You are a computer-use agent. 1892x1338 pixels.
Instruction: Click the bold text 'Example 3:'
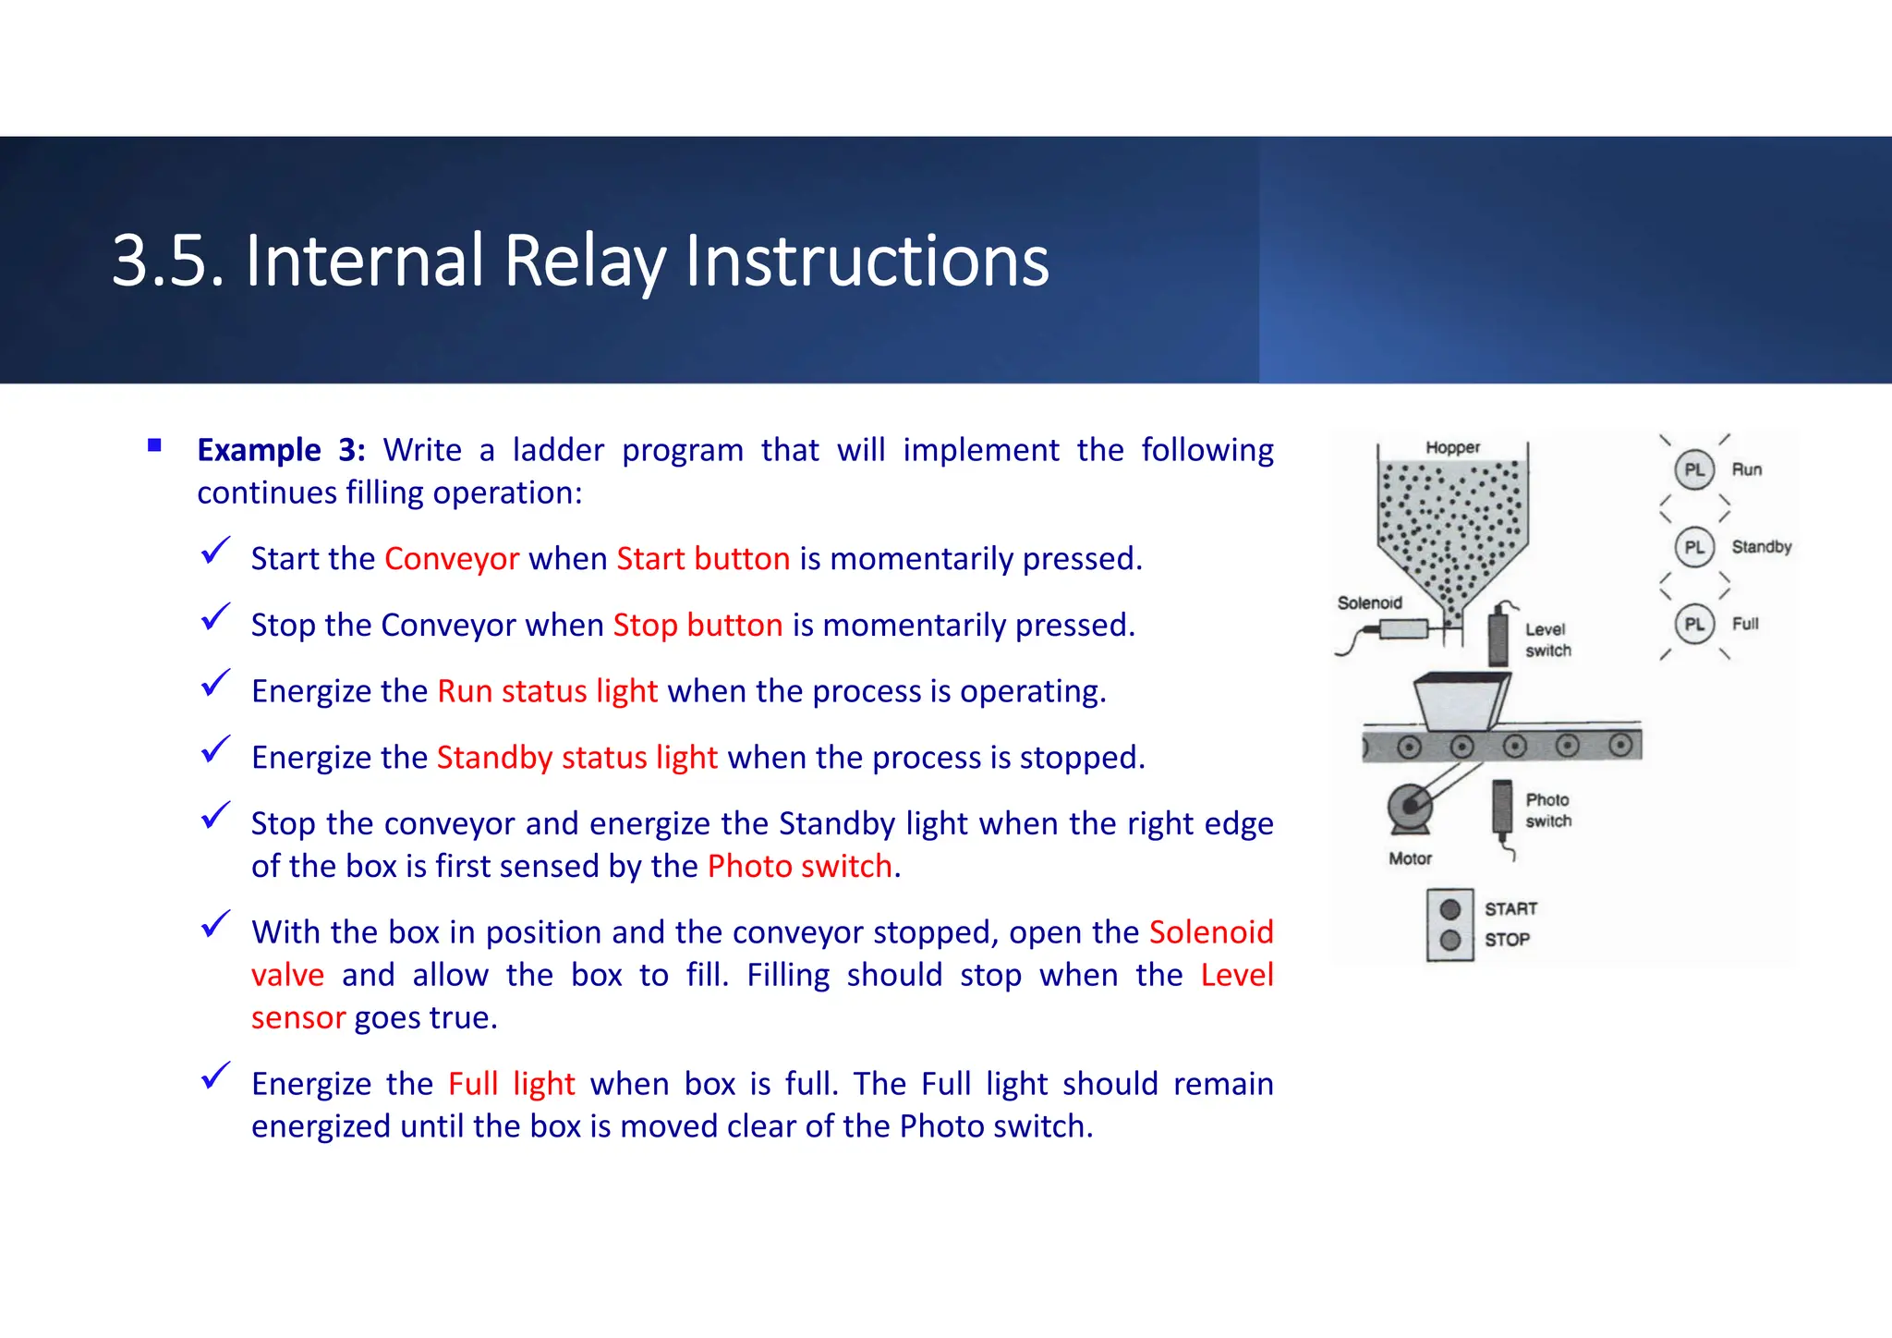click(x=281, y=450)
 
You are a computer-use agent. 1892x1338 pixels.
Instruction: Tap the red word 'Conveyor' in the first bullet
click(x=452, y=559)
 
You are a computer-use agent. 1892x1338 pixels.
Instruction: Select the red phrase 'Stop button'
click(x=697, y=626)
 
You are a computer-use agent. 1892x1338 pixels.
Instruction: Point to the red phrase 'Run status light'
click(x=547, y=691)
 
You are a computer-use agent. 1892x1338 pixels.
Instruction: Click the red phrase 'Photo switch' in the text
click(x=799, y=867)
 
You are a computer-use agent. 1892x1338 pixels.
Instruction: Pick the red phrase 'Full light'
click(x=511, y=1084)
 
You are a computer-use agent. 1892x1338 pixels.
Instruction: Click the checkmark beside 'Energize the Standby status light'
click(x=215, y=749)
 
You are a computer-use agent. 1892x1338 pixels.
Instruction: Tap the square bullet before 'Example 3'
click(x=154, y=446)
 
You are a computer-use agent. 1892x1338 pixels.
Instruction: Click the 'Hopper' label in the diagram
click(x=1452, y=447)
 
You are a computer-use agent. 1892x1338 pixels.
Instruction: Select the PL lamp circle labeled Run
click(x=1693, y=469)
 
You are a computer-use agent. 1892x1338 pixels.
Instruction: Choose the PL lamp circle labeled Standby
click(x=1693, y=547)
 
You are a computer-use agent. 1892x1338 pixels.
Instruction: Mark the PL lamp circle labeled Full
click(x=1693, y=624)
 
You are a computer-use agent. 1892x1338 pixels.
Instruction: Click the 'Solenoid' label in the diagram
click(x=1369, y=602)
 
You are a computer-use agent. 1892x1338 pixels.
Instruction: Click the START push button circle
click(x=1449, y=909)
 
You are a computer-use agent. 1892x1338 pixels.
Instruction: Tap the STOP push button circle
click(x=1449, y=941)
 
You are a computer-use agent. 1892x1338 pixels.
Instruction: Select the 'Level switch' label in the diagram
click(x=1547, y=639)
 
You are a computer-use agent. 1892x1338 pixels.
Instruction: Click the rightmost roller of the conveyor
click(x=1620, y=745)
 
